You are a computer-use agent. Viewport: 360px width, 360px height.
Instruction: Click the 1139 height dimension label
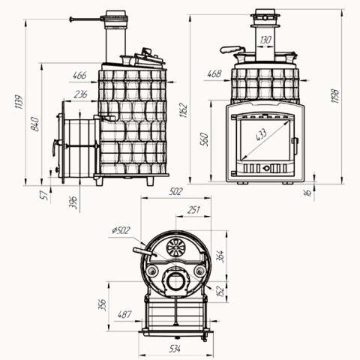pos(19,102)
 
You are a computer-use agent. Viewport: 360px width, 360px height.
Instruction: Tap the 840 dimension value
pos(35,124)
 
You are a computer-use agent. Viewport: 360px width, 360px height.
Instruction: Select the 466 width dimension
pos(79,76)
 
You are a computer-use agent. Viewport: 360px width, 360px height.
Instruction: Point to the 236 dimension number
pos(80,94)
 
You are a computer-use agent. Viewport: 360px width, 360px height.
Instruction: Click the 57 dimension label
pos(44,195)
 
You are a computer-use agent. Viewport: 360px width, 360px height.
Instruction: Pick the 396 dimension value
pos(73,202)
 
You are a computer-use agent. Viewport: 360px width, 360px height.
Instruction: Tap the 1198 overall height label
pos(335,96)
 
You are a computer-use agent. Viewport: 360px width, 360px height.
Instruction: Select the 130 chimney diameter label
pos(265,40)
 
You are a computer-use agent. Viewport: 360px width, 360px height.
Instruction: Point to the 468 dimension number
pos(214,74)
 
